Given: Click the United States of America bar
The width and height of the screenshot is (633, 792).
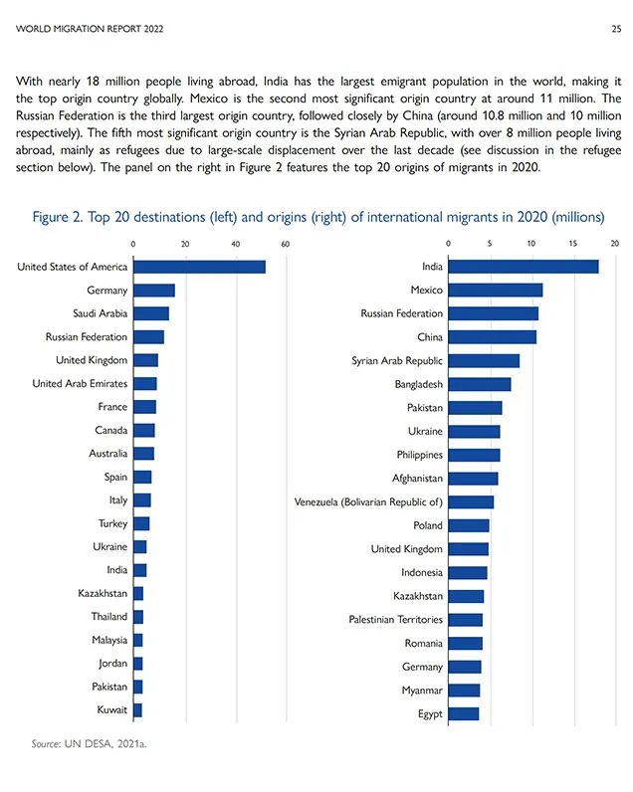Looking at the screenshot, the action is point(199,267).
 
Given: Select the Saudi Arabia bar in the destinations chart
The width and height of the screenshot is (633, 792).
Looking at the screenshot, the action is point(151,313).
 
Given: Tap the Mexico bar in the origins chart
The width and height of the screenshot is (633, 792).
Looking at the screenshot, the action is point(496,290).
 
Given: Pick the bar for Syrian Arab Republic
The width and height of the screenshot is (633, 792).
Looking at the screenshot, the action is point(484,360).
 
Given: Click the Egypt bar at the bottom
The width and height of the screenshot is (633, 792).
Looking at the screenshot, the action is point(464,713).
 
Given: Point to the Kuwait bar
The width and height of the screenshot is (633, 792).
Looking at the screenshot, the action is point(138,710).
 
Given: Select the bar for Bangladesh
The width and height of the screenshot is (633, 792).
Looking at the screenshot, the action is point(480,384).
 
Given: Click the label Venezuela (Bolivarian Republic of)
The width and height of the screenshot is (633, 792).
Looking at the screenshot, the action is point(368,502).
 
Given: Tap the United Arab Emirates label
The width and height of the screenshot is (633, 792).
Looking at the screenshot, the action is point(80,383).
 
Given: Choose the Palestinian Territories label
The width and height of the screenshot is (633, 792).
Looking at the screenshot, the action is point(395,619).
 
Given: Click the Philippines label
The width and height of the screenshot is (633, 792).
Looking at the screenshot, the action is point(420,455).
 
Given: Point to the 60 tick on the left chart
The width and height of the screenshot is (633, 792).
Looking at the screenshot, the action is point(286,244).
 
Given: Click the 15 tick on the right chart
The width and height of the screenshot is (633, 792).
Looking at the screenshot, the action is point(573,244).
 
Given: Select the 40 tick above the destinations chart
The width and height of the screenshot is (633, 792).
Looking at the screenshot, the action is point(236,244).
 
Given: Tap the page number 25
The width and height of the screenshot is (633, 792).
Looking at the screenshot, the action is point(616,29).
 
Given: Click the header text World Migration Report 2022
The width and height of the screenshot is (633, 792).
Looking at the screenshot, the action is point(90,29).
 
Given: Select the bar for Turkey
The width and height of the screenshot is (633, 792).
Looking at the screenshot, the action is point(141,523).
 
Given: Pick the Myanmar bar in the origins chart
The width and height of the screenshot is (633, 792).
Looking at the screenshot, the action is point(464,690).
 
